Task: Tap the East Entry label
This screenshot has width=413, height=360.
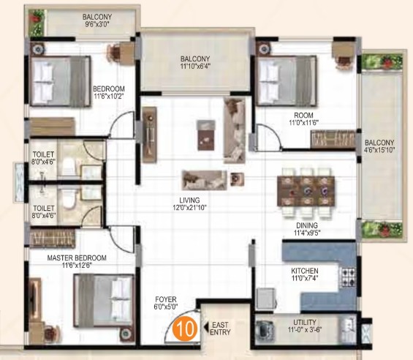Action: (x=220, y=329)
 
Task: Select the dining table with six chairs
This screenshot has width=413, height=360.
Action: (x=306, y=193)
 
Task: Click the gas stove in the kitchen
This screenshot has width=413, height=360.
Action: (x=348, y=277)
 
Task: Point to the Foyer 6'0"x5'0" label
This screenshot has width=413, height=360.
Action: (x=166, y=303)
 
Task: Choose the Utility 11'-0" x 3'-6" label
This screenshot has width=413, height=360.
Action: (x=305, y=326)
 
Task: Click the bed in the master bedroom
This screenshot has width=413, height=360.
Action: (x=104, y=301)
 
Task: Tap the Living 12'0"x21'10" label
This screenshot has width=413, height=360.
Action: (x=189, y=204)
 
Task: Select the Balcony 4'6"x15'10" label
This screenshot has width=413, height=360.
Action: (x=379, y=146)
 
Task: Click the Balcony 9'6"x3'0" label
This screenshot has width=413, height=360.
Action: (x=97, y=20)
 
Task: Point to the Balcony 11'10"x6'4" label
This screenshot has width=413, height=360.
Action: (x=195, y=62)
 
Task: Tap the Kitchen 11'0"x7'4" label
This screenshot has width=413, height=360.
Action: (x=305, y=274)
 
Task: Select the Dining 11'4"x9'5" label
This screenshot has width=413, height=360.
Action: (x=307, y=229)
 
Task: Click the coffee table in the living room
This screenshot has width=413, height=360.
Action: (x=206, y=135)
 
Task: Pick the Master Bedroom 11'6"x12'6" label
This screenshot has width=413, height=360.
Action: (x=77, y=261)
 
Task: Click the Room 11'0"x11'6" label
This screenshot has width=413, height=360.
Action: (x=303, y=119)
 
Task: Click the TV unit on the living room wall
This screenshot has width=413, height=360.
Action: (x=150, y=135)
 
